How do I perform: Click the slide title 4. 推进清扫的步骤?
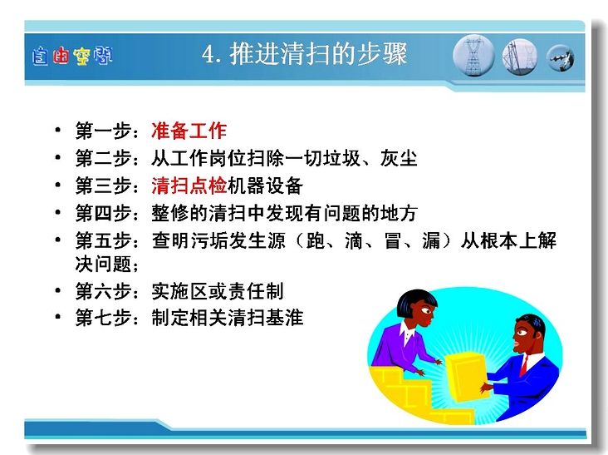(304, 54)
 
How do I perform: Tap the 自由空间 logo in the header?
(72, 56)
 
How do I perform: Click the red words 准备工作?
(189, 131)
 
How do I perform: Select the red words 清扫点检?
(189, 185)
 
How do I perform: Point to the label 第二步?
(103, 158)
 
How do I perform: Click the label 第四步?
(103, 213)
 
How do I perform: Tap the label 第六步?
(103, 291)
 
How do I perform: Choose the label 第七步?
(103, 318)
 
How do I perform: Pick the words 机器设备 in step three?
(265, 185)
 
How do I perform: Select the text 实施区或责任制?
(218, 291)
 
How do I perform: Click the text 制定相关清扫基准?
(228, 318)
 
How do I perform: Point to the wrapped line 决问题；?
(107, 265)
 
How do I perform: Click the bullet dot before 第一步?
(58, 130)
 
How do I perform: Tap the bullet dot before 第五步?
(58, 240)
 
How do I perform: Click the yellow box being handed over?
(465, 378)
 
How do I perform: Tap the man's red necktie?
(524, 366)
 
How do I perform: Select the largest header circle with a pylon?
(473, 56)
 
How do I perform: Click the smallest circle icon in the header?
(561, 58)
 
